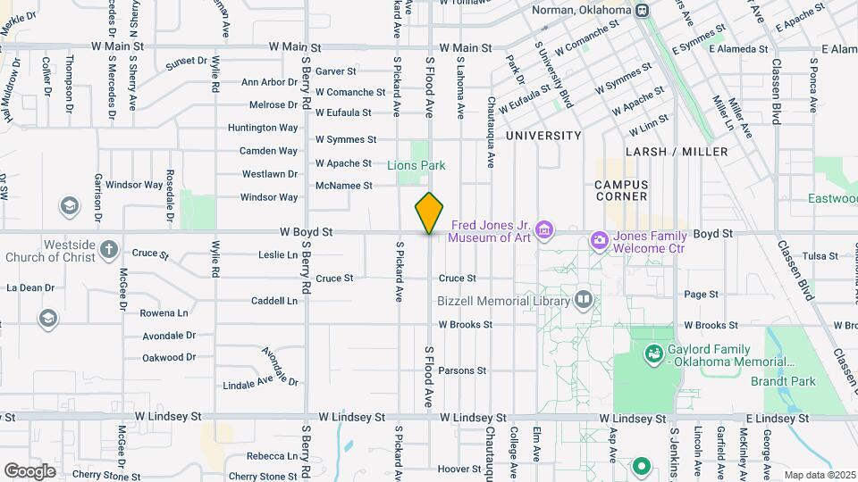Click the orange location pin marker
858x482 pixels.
(430, 213)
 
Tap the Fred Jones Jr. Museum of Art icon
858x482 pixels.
(545, 231)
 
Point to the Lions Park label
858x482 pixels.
(416, 165)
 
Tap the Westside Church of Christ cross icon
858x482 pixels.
(108, 249)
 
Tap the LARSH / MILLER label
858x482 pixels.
(677, 152)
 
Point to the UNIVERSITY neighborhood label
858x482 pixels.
(543, 136)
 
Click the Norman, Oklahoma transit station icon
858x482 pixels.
(642, 11)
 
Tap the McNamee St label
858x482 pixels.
(343, 186)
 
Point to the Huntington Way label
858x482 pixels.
(263, 128)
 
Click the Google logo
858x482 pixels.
(29, 470)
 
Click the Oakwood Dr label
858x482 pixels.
(169, 358)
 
